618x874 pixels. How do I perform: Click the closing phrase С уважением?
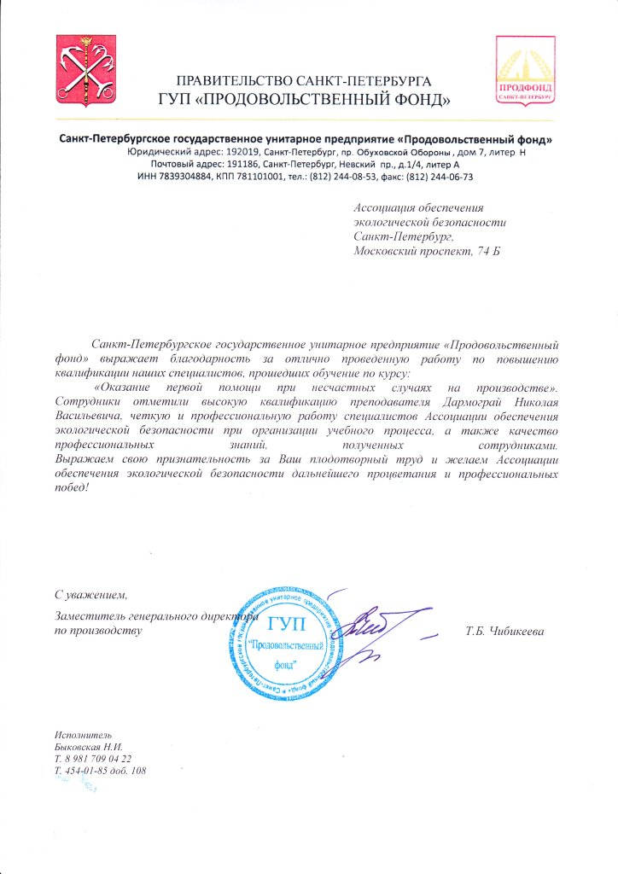(x=90, y=594)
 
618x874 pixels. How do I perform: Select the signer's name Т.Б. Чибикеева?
(x=505, y=631)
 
